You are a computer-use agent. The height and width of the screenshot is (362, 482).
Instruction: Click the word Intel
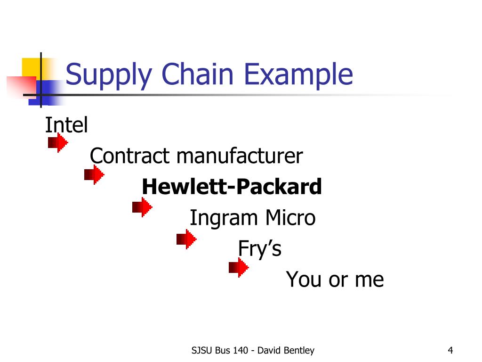[66, 125]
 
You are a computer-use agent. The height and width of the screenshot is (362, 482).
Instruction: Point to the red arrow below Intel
[58, 142]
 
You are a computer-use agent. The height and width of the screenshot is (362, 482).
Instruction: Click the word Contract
[130, 156]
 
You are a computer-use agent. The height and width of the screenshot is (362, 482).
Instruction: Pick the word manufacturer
[240, 156]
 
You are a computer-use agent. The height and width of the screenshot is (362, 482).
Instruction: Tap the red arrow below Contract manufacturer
[94, 175]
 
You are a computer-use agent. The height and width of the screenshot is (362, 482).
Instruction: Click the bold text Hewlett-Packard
[232, 187]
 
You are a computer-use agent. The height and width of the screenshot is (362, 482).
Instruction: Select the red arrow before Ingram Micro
[142, 207]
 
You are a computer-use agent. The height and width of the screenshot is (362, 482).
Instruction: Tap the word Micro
[290, 218]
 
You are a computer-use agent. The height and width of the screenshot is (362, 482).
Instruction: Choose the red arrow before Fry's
[186, 239]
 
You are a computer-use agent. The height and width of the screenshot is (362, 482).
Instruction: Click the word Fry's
[260, 248]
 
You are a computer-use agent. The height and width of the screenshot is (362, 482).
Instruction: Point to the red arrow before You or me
[239, 268]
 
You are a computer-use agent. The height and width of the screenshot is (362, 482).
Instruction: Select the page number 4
[450, 350]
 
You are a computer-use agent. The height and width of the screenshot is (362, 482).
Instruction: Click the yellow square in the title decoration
[31, 67]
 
